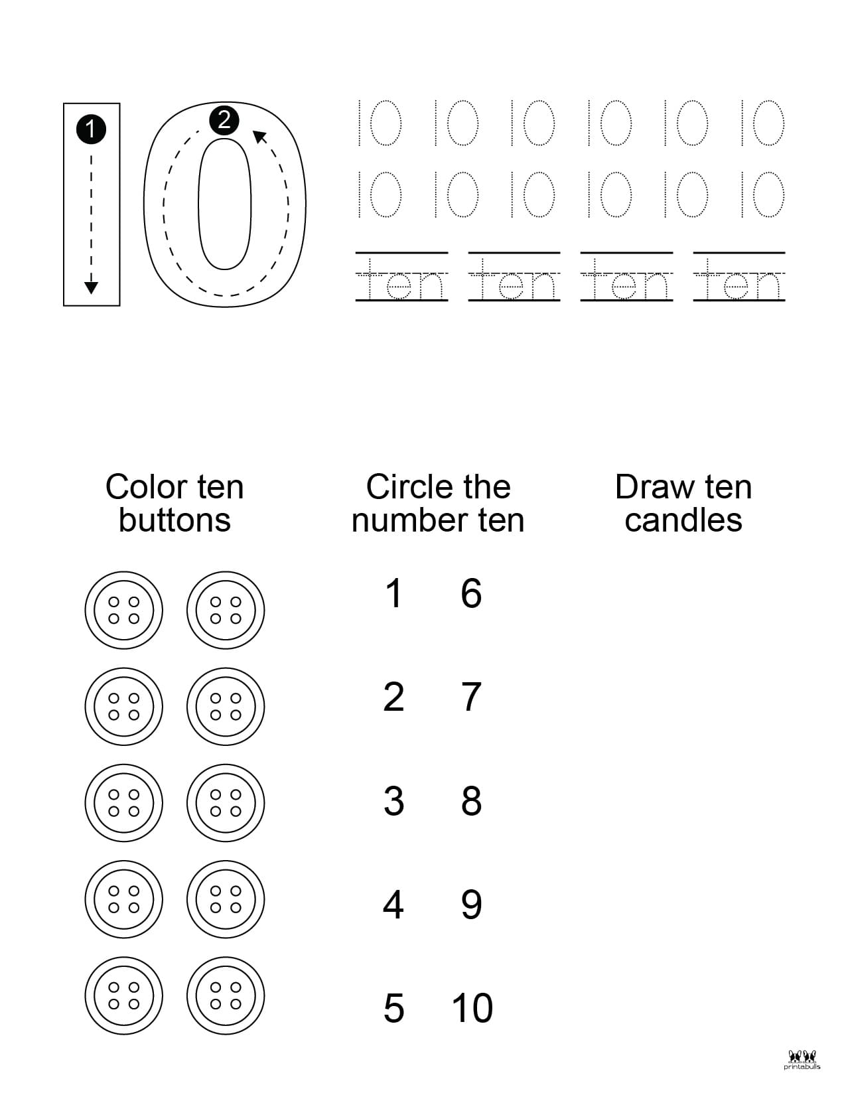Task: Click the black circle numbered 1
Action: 91,129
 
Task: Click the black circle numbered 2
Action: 224,120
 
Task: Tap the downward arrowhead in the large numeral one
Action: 92,287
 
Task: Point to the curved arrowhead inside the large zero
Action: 260,136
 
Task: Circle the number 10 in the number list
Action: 472,1008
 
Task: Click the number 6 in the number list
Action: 471,593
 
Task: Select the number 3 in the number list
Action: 393,801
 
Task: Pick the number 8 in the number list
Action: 471,801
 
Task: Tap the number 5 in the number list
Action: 393,1008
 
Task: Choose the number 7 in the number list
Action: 471,697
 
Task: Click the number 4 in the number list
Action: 393,905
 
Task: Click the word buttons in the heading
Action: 175,520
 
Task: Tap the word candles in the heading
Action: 683,520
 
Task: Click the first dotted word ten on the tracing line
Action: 401,284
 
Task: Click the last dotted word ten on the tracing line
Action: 739,284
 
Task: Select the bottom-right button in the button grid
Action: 226,996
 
